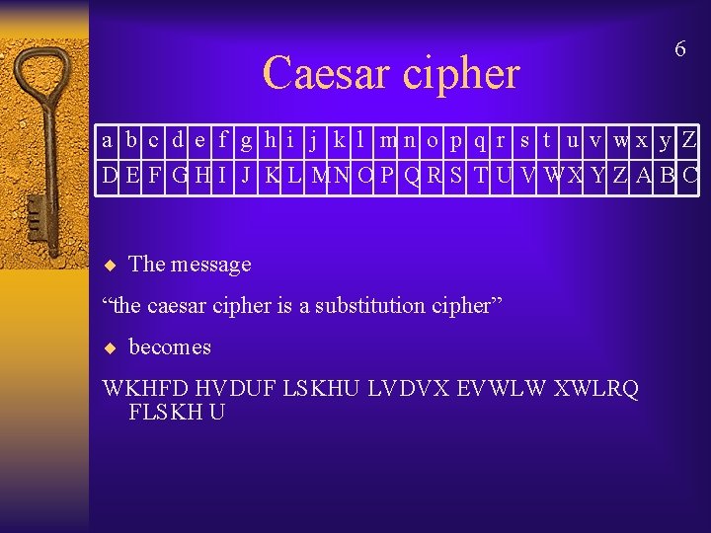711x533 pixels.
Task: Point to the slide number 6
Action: [x=679, y=48]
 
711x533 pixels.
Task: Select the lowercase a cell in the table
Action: [x=107, y=141]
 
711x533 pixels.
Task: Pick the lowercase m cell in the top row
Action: [x=388, y=141]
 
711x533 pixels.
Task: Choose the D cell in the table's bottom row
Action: [x=108, y=177]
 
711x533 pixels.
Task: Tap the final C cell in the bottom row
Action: [x=690, y=177]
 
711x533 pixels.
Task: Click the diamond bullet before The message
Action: [x=111, y=265]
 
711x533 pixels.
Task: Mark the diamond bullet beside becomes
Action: [x=111, y=347]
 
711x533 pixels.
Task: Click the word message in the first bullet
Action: [x=210, y=265]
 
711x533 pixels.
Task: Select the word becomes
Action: [x=170, y=347]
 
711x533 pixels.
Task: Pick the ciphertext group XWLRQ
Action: [x=596, y=389]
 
